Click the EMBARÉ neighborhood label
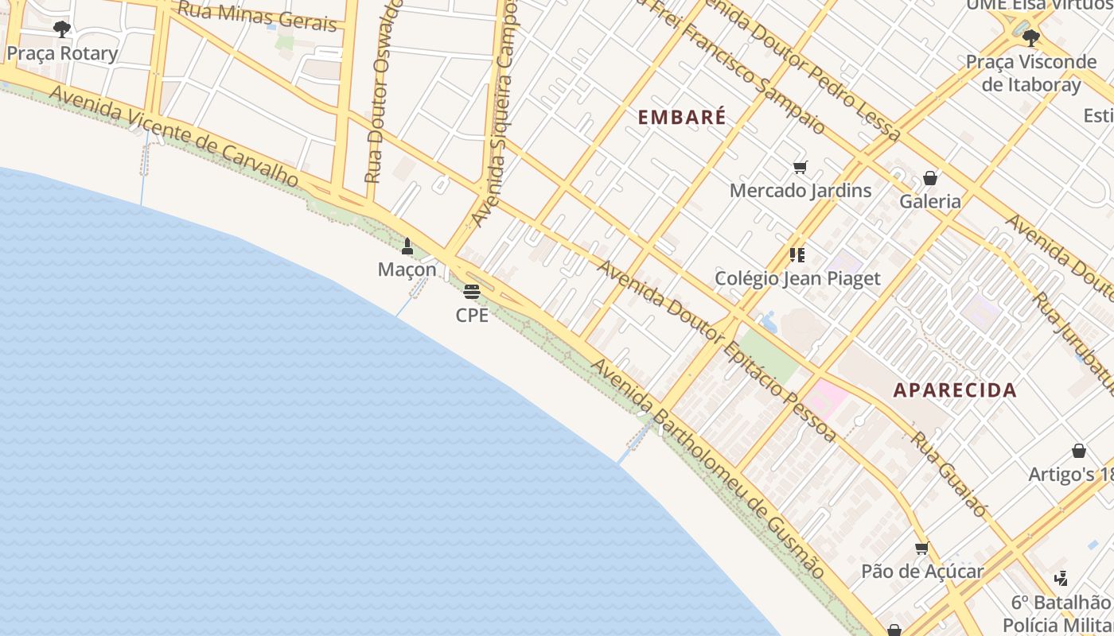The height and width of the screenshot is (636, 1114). point(682,118)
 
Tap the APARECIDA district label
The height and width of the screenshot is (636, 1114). point(955,390)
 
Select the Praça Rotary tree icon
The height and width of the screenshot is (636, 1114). point(61,29)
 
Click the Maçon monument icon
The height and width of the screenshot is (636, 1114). point(407,246)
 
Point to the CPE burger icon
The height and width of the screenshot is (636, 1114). point(472,292)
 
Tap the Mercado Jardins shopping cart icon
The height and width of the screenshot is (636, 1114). point(800,167)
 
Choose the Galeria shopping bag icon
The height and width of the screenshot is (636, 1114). point(929,178)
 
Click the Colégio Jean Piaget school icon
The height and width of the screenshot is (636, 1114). point(797,255)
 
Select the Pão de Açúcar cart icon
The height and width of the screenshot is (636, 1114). point(922,549)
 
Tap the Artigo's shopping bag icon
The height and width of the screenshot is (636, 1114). point(1079,451)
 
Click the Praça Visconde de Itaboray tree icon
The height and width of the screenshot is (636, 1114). point(1031,37)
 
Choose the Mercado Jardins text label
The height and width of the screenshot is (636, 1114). point(800,191)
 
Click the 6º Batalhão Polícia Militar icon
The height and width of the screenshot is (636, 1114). point(1061,578)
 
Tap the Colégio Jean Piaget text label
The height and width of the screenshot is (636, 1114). point(797,279)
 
